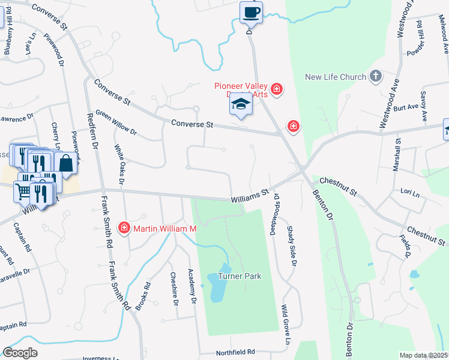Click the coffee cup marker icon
pyautogui.click(x=251, y=12)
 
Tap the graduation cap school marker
pyautogui.click(x=241, y=104)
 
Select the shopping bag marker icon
pyautogui.click(x=65, y=162)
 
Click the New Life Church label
pyautogui.click(x=335, y=77)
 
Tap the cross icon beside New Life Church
pyautogui.click(x=376, y=76)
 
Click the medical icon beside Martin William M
pyautogui.click(x=124, y=228)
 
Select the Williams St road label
pyautogui.click(x=250, y=196)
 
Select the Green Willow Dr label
pyautogui.click(x=116, y=122)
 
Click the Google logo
pyautogui.click(x=20, y=353)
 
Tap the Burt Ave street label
pyautogui.click(x=406, y=108)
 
